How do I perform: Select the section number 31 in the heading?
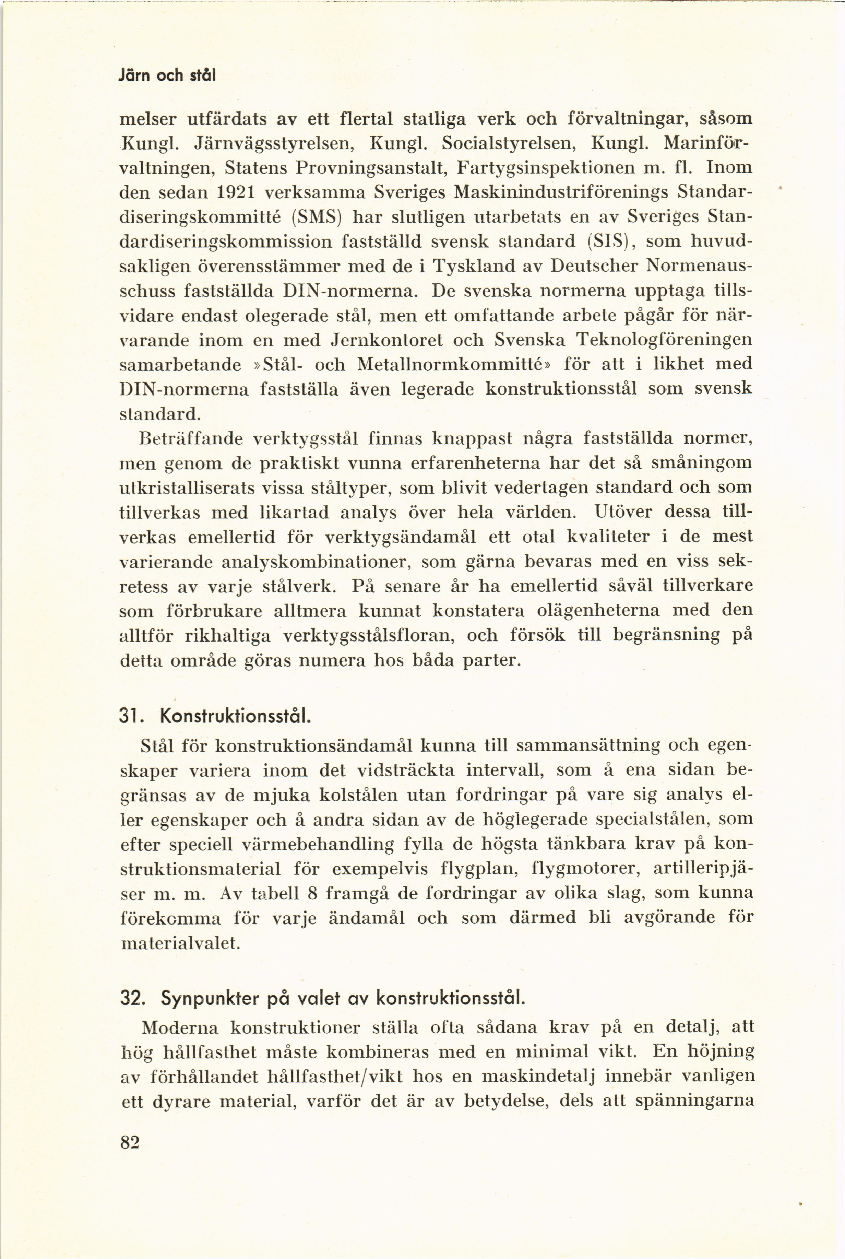pyautogui.click(x=128, y=717)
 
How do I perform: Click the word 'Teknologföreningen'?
pyautogui.click(x=664, y=340)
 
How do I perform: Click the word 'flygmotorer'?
pyautogui.click(x=585, y=869)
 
